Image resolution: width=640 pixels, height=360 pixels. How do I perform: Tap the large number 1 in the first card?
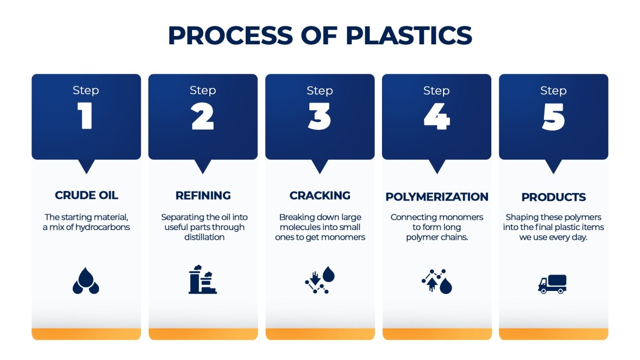86,117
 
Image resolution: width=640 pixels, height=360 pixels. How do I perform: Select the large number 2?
202,117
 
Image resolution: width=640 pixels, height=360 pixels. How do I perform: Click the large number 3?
320,117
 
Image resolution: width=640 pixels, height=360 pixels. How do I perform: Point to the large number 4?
436,117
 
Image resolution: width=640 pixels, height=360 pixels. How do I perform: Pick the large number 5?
553,117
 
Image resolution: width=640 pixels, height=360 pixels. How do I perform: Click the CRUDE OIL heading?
86,196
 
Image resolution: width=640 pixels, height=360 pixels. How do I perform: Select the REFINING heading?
203,196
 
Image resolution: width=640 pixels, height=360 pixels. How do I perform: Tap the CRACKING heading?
320,196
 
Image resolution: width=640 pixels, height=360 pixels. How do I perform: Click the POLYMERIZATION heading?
437,197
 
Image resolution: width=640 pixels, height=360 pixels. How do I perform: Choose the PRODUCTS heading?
553,197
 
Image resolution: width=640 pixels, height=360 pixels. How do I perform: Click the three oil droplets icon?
86,281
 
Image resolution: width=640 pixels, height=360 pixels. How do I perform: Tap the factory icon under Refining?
202,280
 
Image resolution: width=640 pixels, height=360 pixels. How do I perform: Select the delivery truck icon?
552,284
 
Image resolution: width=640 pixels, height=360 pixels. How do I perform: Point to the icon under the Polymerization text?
437,281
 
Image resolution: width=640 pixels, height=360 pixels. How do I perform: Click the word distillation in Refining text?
204,237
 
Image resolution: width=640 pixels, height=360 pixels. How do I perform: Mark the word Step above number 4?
436,91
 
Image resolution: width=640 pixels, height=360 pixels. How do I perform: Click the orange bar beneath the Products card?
553,334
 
